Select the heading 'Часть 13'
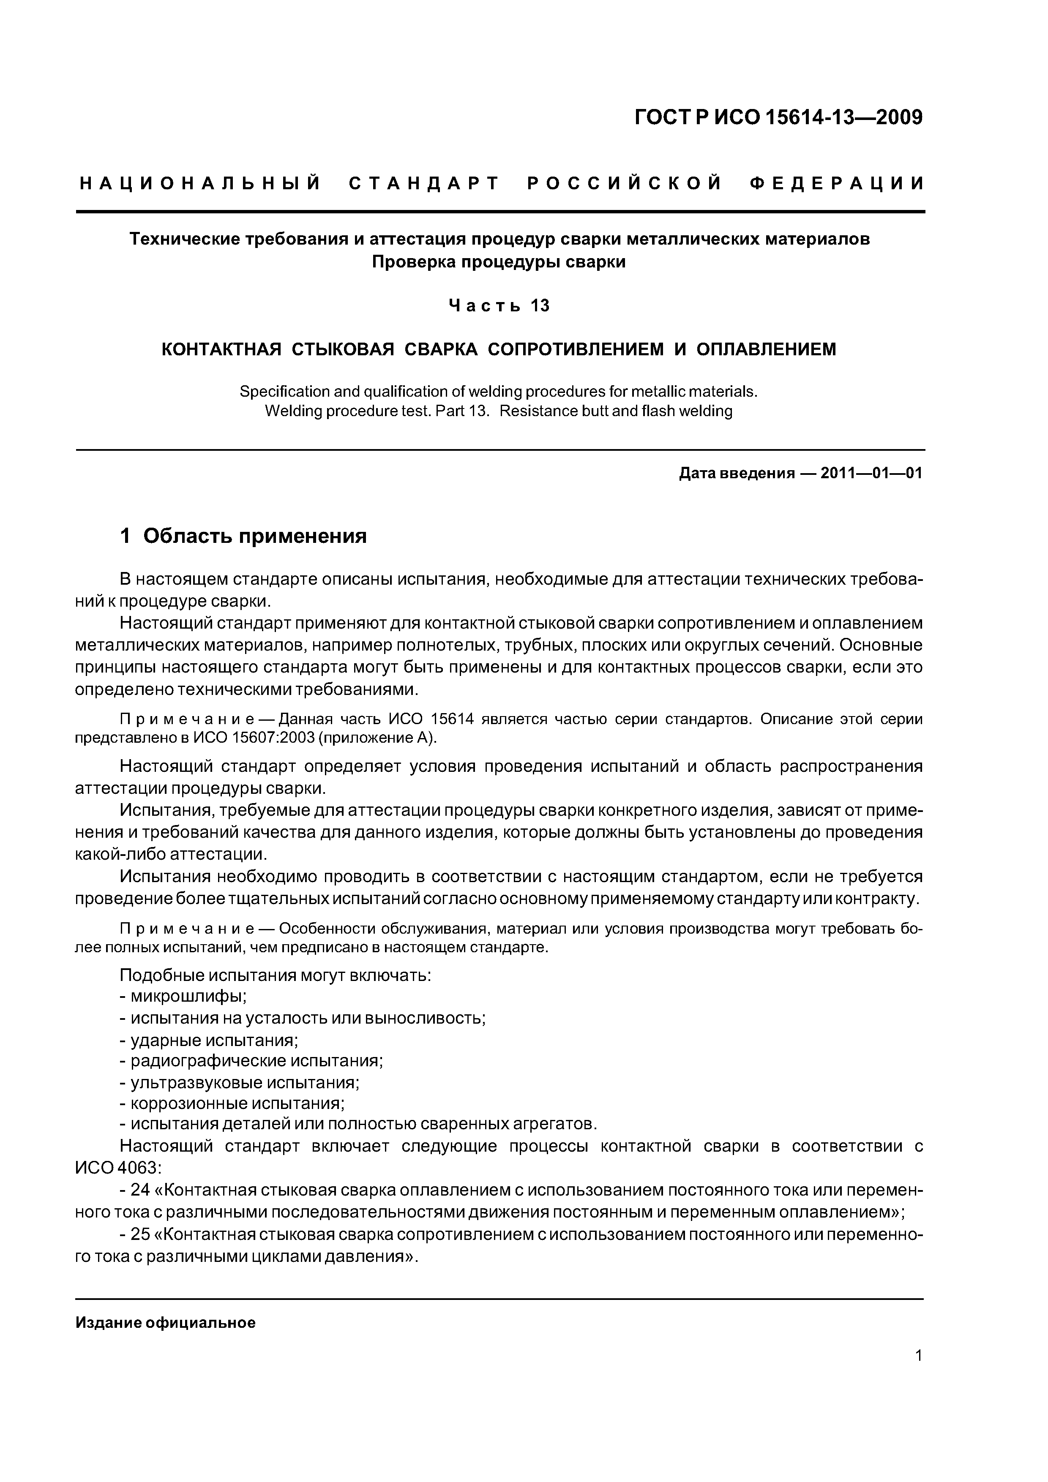499,305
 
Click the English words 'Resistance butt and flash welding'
616,411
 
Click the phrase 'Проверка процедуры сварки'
499,262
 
